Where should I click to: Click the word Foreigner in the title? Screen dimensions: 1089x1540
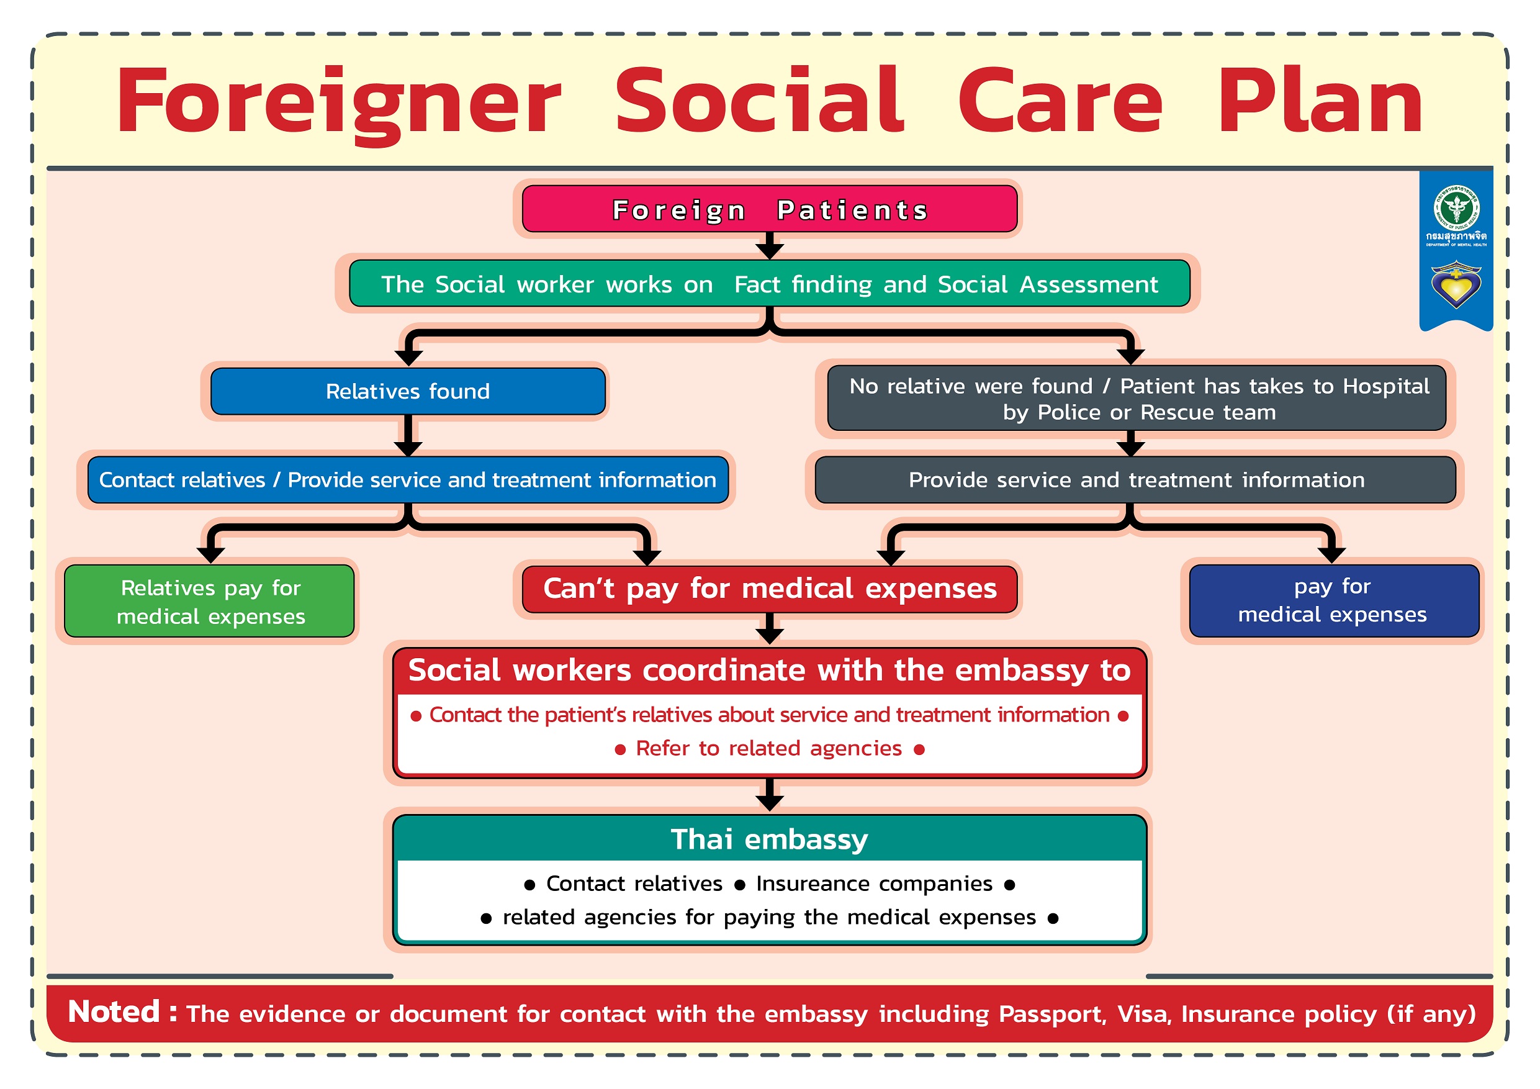339,102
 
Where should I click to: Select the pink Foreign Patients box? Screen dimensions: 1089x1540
769,209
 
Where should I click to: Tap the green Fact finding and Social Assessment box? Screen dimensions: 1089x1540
769,284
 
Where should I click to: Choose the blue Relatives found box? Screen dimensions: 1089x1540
408,391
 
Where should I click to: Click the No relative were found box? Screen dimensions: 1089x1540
1137,399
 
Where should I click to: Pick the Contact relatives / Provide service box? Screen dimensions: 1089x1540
408,480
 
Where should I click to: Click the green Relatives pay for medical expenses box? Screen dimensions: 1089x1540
210,601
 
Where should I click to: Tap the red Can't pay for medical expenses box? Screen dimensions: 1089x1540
769,589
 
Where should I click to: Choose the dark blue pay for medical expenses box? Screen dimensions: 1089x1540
1332,600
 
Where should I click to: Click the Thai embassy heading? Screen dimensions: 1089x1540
769,839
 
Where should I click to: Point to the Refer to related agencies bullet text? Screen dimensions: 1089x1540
768,748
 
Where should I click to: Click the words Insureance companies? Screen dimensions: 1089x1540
873,883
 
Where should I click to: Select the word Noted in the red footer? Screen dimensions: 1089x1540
114,1011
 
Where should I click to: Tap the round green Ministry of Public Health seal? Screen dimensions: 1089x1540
1456,208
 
